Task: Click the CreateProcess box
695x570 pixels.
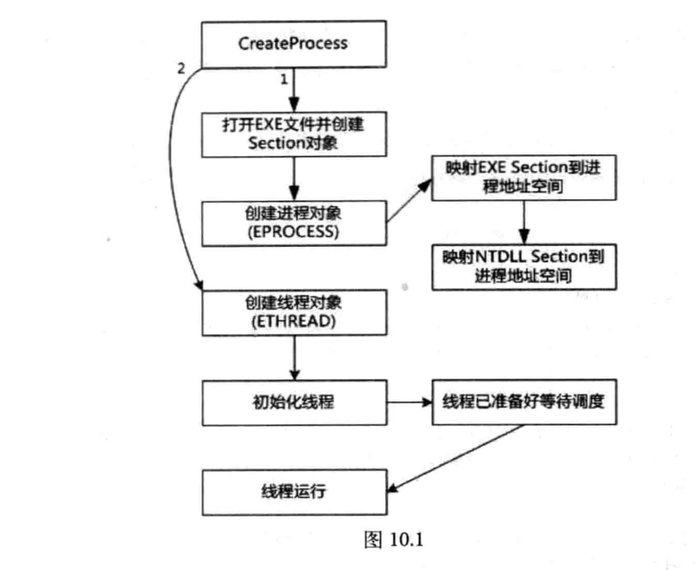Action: pos(292,42)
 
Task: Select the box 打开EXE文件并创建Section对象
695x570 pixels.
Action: pos(292,133)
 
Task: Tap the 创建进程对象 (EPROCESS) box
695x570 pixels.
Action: pos(292,222)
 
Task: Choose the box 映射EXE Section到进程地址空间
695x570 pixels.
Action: pos(524,179)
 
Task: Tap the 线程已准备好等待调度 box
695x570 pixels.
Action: pos(524,401)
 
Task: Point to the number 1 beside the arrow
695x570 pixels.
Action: pos(281,79)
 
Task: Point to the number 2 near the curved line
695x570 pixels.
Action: pos(180,68)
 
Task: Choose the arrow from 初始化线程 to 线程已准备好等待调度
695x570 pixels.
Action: pos(408,401)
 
